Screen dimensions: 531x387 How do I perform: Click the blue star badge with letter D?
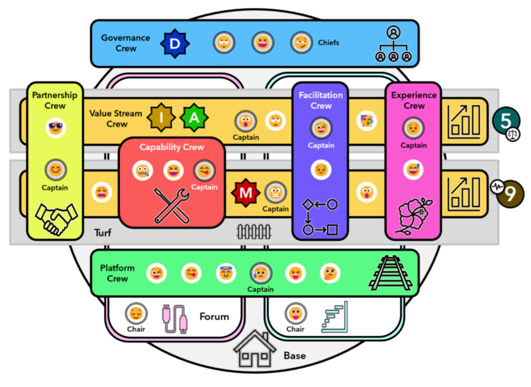175,44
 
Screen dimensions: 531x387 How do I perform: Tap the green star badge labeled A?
194,118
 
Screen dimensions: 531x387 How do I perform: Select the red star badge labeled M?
245,193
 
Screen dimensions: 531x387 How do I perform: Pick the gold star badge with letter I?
161,118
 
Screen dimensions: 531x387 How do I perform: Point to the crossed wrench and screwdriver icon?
172,206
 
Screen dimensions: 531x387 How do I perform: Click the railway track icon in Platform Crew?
391,273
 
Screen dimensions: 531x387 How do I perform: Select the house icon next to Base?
255,349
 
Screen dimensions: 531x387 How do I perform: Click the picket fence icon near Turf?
254,232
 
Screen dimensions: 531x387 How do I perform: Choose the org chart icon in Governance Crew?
394,44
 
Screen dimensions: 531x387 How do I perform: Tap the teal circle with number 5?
506,121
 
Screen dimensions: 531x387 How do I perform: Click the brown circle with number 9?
510,194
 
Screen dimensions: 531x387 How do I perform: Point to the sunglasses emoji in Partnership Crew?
55,128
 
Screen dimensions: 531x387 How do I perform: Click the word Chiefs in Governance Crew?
328,43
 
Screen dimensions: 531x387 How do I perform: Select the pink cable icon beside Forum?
175,319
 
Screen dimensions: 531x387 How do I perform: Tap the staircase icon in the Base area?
335,317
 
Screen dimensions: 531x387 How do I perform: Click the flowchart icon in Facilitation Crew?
320,217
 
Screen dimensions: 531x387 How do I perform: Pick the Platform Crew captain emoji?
260,273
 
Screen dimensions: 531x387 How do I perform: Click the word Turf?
103,233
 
